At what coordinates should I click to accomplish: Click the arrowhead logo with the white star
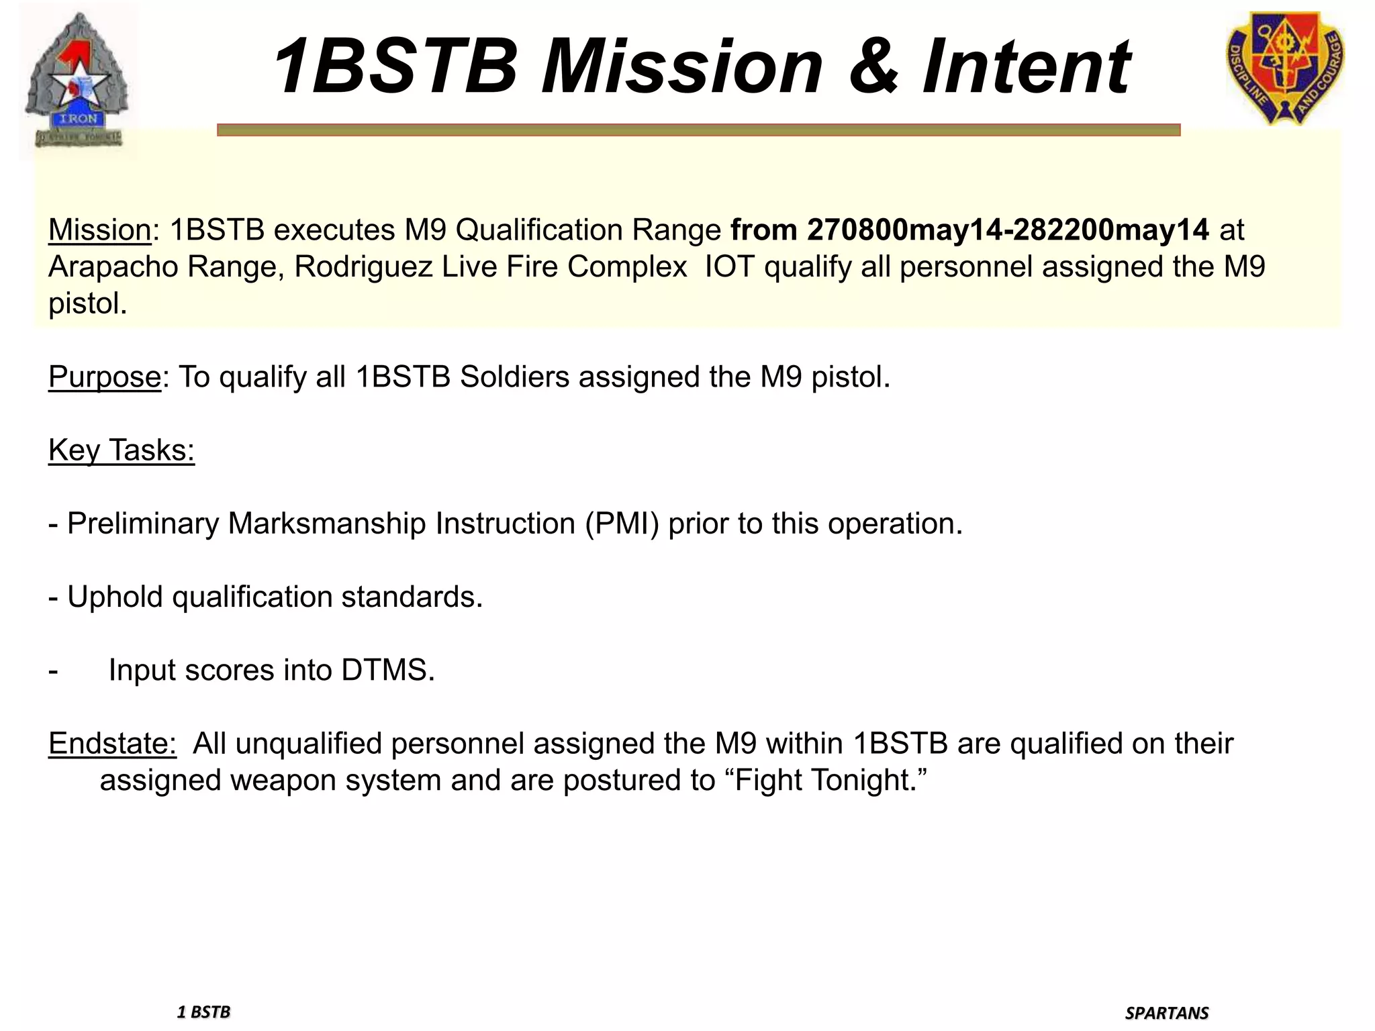pos(79,81)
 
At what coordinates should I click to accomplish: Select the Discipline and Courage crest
pos(1285,68)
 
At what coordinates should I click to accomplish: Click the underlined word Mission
pos(99,230)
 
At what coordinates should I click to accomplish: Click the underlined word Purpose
pos(104,377)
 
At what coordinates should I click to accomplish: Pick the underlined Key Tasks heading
pos(122,450)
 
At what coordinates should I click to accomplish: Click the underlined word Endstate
pos(112,744)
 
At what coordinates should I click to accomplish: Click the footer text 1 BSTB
pos(203,1012)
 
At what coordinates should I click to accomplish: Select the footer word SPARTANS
pos(1167,1013)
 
